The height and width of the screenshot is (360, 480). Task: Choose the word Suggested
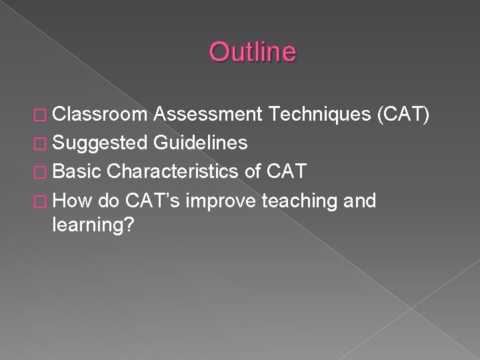pyautogui.click(x=100, y=143)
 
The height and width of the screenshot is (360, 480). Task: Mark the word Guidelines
pyautogui.click(x=200, y=143)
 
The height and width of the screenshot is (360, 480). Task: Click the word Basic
pyautogui.click(x=75, y=171)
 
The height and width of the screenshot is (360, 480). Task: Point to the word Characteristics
pyautogui.click(x=172, y=171)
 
